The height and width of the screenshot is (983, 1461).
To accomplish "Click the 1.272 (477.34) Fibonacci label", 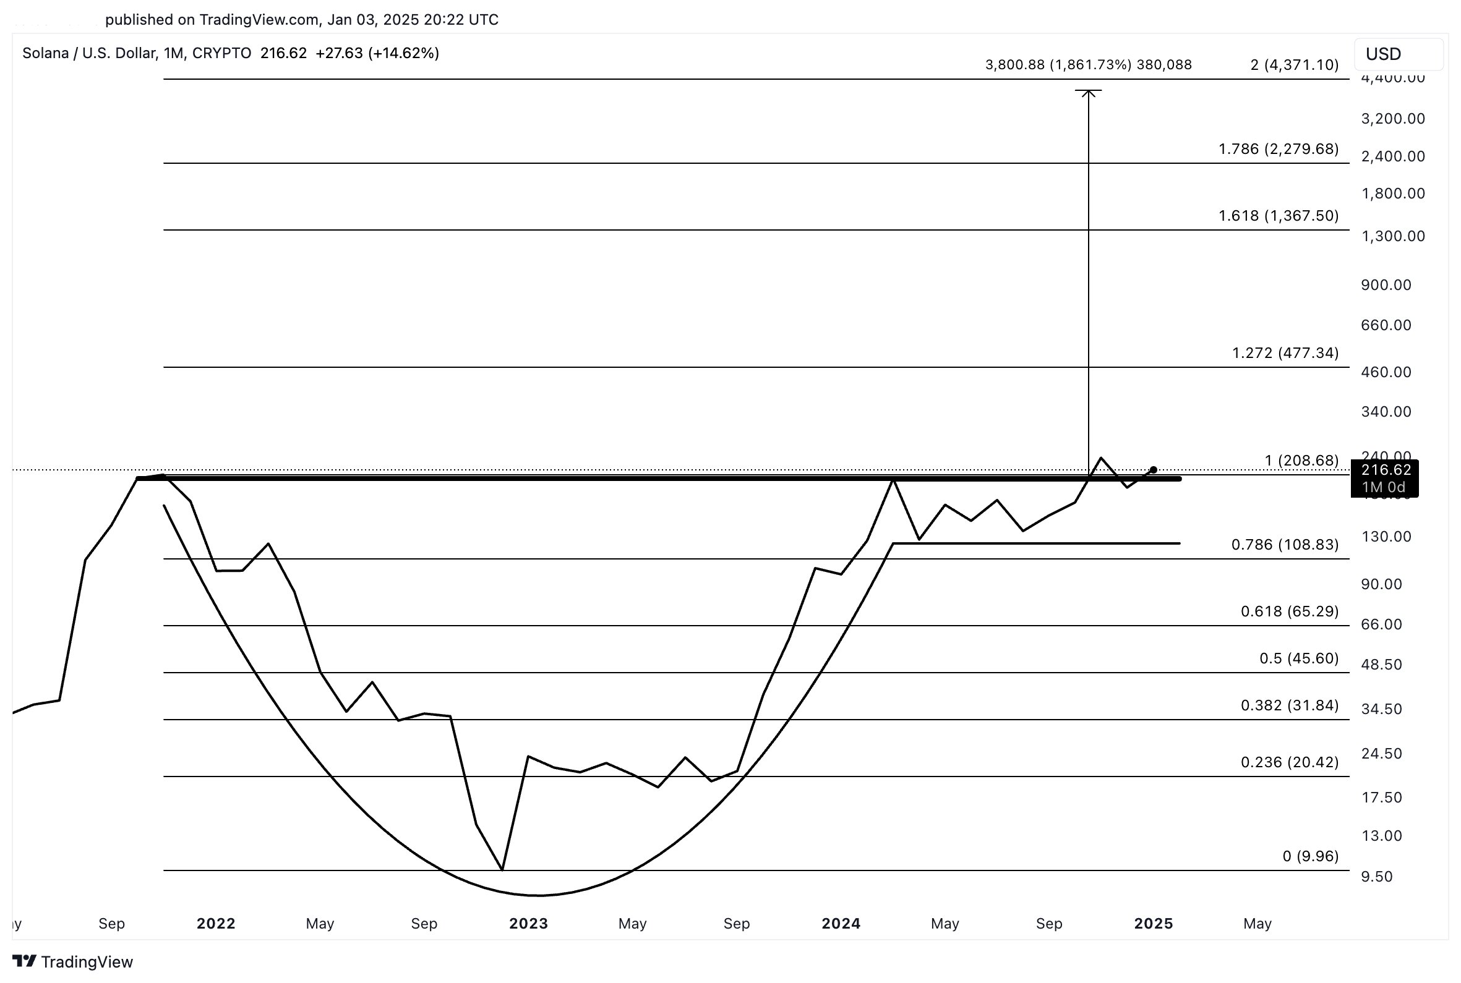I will pos(1285,353).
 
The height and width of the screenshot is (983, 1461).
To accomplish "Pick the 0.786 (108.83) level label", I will pos(1284,544).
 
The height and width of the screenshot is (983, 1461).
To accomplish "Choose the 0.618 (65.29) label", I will pos(1289,611).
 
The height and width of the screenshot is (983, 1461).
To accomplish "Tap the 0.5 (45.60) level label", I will pos(1298,658).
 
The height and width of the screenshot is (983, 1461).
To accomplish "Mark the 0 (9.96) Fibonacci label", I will pos(1310,856).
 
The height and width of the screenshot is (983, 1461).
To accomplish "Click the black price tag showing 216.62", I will pos(1385,478).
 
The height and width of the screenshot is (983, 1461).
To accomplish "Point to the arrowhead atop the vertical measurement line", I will pos(1088,93).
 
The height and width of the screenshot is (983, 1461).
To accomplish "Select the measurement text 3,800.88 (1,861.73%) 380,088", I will pos(1088,64).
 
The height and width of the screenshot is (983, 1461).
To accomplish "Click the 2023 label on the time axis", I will pos(528,924).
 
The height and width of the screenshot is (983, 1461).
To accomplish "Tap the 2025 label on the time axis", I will pos(1153,924).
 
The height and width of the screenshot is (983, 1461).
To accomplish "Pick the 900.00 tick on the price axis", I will pos(1385,284).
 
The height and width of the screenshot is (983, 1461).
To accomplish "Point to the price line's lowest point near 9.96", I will pos(502,869).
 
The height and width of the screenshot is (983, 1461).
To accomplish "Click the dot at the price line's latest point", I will pos(1153,470).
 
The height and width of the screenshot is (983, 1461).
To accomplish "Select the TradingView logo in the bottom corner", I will pos(73,962).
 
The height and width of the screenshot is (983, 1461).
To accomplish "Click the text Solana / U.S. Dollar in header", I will pos(89,53).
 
